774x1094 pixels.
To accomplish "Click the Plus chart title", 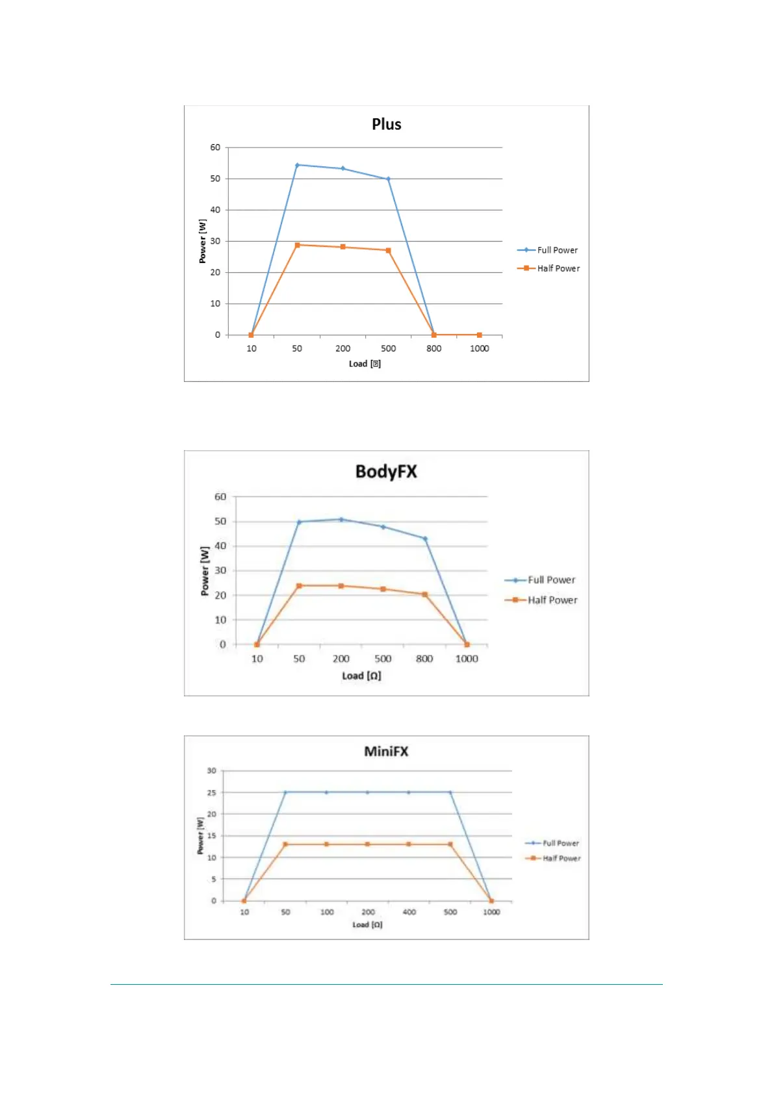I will (x=386, y=124).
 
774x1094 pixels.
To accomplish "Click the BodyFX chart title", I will (x=386, y=471).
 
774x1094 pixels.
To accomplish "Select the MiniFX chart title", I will (x=386, y=751).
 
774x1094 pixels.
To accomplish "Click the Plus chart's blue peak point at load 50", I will (x=297, y=165).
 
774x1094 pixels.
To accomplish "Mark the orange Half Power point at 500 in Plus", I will (x=388, y=250).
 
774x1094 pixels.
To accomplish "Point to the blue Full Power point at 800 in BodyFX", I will (x=425, y=539).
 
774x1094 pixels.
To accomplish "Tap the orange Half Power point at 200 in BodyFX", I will (x=341, y=586).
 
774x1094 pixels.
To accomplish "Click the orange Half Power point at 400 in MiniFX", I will (x=409, y=845).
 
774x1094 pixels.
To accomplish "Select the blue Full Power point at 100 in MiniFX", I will (x=326, y=793).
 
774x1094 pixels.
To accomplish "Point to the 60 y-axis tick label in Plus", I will (x=215, y=147).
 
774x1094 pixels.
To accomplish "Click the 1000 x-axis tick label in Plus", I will (x=479, y=348).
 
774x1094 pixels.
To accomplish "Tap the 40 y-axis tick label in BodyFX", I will (x=220, y=546).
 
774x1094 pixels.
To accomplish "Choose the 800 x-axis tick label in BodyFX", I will (x=424, y=659).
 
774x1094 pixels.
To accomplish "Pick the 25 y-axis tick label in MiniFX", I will (x=211, y=793).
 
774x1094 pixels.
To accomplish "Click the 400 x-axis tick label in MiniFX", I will (x=409, y=912).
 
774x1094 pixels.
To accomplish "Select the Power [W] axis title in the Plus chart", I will (x=203, y=241).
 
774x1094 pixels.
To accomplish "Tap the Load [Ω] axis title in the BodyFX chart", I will (x=361, y=676).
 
